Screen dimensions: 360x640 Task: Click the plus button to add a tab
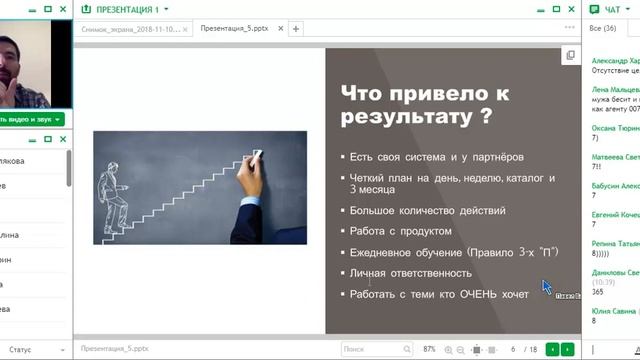click(296, 29)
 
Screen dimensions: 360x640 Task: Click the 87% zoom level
click(429, 349)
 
